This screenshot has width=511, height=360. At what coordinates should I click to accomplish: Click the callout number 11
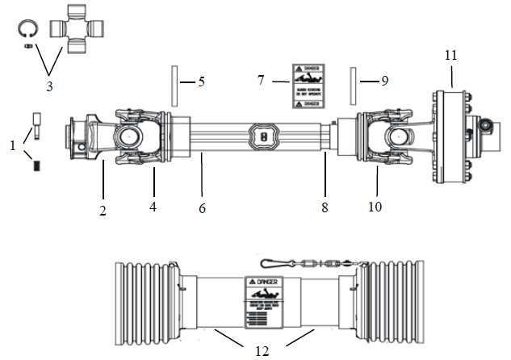tap(450, 55)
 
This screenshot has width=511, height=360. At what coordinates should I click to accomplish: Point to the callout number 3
tap(49, 84)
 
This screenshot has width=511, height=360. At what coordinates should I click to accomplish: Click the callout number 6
tap(202, 208)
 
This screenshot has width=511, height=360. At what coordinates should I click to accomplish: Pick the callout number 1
tap(12, 145)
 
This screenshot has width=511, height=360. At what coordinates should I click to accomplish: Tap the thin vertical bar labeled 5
tap(173, 83)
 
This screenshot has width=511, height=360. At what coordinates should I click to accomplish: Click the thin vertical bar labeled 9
tap(353, 82)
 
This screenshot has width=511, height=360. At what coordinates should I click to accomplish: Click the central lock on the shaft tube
tap(263, 137)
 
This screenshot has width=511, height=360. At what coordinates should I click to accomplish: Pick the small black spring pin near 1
tap(36, 165)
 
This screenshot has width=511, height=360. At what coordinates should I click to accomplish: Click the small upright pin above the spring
tap(36, 123)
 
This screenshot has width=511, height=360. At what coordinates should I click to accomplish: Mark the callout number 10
tap(375, 207)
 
